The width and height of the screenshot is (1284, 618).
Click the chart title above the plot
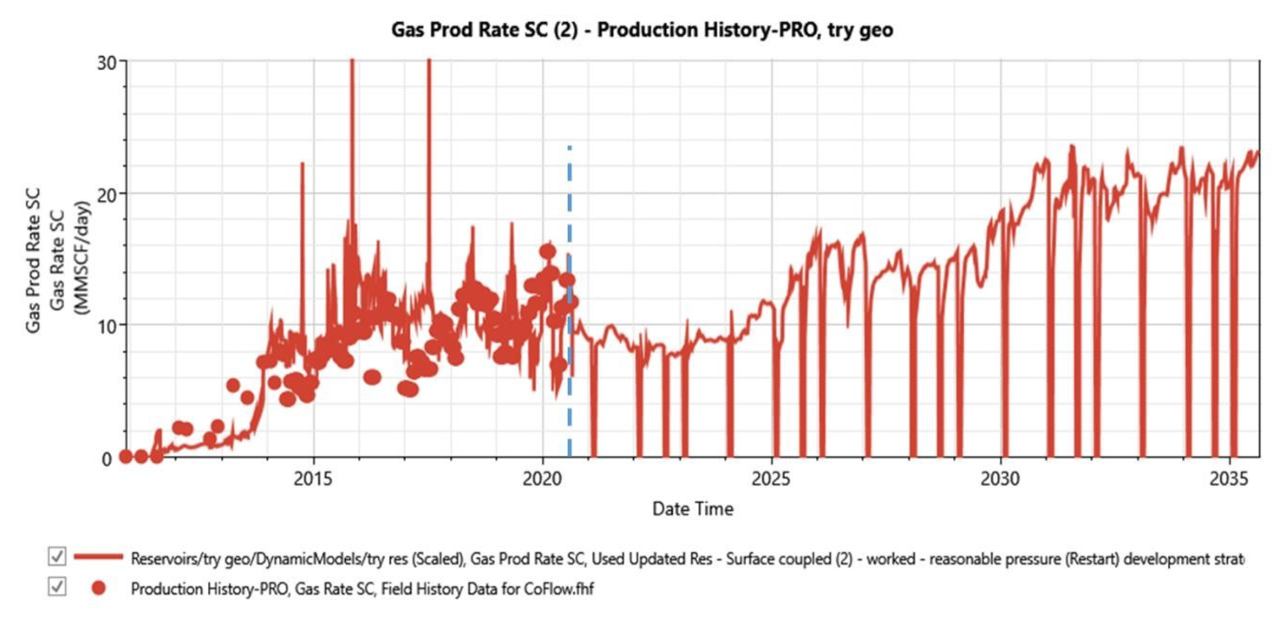642,30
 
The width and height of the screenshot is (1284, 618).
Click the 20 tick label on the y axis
106,195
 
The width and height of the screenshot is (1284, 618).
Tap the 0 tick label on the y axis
107,459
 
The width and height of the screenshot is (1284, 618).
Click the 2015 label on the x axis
313,479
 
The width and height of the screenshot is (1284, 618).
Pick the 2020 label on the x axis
542,479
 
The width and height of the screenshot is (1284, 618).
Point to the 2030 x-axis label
1000,479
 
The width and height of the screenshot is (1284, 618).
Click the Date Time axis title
692,509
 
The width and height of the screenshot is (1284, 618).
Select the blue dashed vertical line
569,299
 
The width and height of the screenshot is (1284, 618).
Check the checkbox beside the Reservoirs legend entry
57,556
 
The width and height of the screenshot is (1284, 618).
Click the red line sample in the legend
98,556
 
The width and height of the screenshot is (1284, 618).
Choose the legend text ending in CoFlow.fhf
362,589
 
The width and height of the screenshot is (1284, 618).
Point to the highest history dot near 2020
547,251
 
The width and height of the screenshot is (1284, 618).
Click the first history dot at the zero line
125,456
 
